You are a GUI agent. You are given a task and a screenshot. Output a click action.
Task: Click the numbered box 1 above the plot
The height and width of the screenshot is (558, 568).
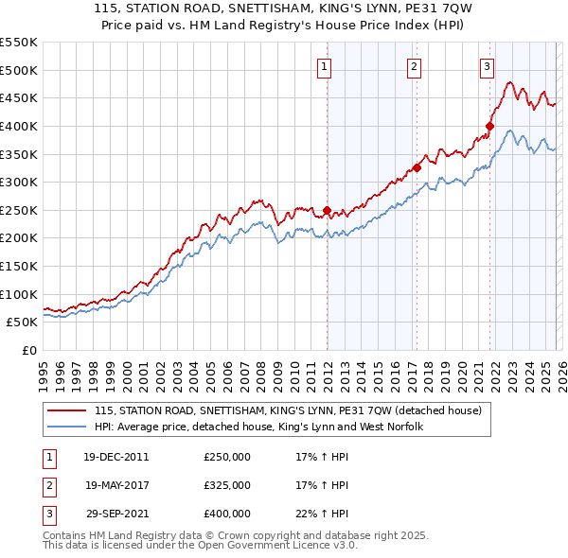pyautogui.click(x=325, y=66)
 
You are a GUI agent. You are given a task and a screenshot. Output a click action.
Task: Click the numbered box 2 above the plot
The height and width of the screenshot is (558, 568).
pyautogui.click(x=415, y=66)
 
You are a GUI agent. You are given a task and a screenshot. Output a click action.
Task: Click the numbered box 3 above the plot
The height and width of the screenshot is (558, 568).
pyautogui.click(x=487, y=66)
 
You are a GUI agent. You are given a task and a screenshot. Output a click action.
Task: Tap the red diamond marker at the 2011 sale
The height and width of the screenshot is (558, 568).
pyautogui.click(x=328, y=210)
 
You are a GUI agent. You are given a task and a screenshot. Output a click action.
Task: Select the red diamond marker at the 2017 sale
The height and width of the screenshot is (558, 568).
pyautogui.click(x=417, y=168)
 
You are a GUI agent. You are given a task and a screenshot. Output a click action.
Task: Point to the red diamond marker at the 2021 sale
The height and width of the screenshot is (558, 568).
pyautogui.click(x=490, y=126)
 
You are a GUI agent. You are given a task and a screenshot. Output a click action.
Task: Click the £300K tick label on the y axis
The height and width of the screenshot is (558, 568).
pyautogui.click(x=18, y=182)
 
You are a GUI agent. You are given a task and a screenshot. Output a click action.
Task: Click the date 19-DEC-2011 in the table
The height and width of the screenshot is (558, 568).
pyautogui.click(x=115, y=457)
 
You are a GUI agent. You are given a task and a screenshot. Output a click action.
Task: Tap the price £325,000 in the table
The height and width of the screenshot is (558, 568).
pyautogui.click(x=227, y=485)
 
